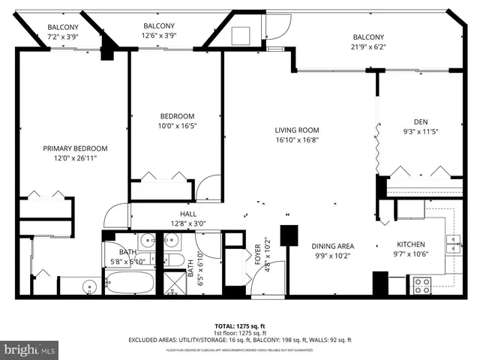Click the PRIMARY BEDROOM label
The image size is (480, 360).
coord(75,148)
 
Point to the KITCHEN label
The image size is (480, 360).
coord(411,244)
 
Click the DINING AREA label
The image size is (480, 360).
coord(333,246)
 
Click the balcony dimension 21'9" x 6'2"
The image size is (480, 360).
coord(368,46)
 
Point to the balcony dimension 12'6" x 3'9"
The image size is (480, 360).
coord(159,35)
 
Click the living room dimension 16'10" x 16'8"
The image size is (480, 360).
coord(296,139)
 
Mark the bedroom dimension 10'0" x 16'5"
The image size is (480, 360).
coord(177,126)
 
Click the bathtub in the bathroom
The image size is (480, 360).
coord(130,283)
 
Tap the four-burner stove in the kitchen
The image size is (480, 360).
coord(422,285)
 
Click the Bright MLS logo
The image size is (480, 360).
coord(30,349)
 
